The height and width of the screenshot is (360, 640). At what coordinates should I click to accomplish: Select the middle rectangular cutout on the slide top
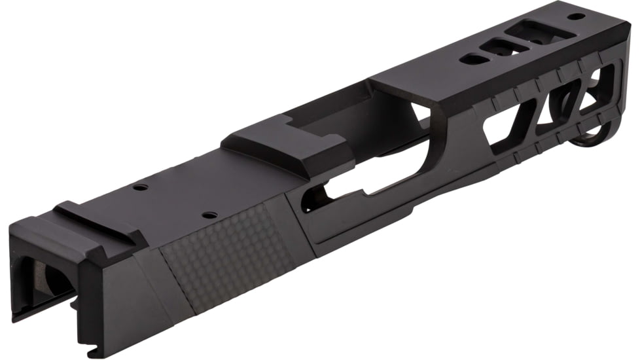(499, 46)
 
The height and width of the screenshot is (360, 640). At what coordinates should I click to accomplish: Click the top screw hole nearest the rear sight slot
(139, 188)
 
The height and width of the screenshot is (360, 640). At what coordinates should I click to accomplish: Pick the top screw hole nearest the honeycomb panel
(209, 215)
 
